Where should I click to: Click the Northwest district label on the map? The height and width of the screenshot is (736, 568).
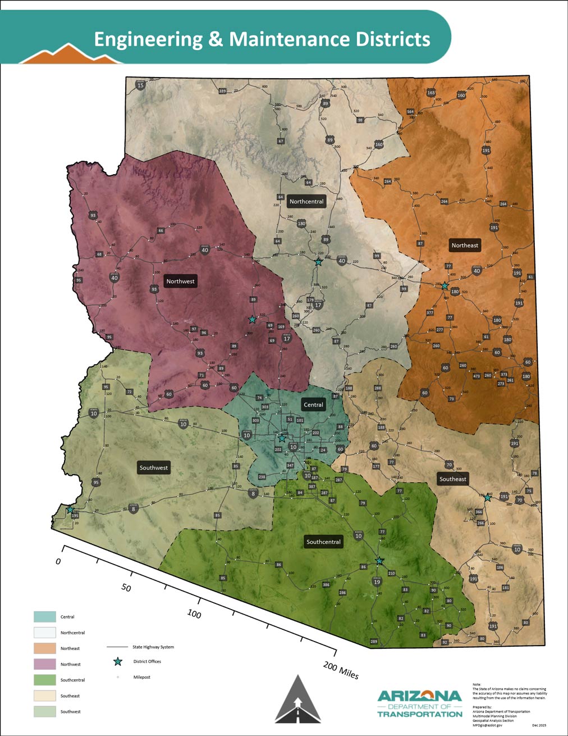click(x=180, y=281)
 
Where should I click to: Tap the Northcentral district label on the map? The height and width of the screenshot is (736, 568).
click(x=306, y=201)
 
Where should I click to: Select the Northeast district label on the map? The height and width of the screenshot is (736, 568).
click(x=465, y=245)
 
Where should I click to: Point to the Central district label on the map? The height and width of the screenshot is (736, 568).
click(x=313, y=405)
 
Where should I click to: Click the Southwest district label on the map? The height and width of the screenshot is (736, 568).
click(x=153, y=467)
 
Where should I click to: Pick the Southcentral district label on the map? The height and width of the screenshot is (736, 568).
click(x=323, y=542)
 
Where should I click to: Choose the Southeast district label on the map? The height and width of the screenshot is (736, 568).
click(x=452, y=479)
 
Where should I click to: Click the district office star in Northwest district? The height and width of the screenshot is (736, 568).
click(x=252, y=319)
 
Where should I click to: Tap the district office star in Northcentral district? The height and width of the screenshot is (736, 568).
click(x=318, y=262)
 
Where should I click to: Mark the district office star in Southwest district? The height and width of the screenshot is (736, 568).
click(x=70, y=510)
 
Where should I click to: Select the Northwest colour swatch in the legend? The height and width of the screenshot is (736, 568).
click(x=45, y=664)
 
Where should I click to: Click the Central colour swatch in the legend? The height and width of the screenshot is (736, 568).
click(x=45, y=617)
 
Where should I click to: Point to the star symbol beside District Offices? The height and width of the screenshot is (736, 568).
click(x=118, y=662)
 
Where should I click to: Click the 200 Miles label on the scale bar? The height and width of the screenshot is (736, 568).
click(x=341, y=669)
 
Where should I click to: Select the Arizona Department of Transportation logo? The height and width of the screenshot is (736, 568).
click(x=420, y=703)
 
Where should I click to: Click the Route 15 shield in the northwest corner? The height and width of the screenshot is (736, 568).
click(x=140, y=85)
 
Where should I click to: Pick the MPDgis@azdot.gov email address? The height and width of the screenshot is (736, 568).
click(x=487, y=725)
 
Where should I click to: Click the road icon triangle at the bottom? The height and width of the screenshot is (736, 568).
click(x=297, y=699)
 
